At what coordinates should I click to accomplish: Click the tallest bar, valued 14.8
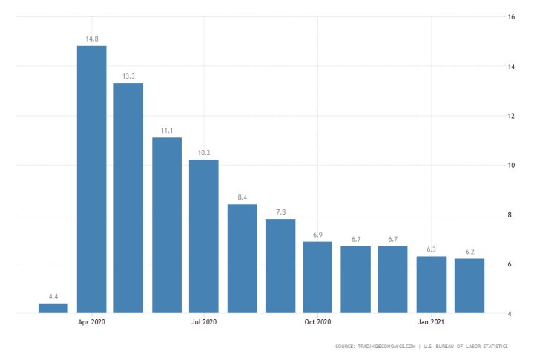[x=91, y=179]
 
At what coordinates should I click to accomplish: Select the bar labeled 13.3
[x=128, y=197]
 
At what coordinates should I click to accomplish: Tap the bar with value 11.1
[x=167, y=225]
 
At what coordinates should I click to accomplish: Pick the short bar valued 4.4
[x=53, y=308]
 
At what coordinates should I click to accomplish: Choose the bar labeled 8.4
[x=242, y=258]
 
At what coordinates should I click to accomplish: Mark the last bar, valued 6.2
[x=470, y=286]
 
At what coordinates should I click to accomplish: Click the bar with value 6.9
[x=317, y=277]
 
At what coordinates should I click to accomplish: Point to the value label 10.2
[x=204, y=153]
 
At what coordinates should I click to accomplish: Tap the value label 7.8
[x=280, y=212]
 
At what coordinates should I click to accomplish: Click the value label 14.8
[x=91, y=39]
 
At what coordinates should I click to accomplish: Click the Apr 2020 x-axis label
[x=91, y=322]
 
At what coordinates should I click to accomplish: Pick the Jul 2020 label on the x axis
[x=204, y=322]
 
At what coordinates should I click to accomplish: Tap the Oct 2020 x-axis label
[x=317, y=322]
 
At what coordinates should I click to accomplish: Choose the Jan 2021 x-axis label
[x=432, y=322]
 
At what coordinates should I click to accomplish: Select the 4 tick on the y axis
[x=510, y=313]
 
